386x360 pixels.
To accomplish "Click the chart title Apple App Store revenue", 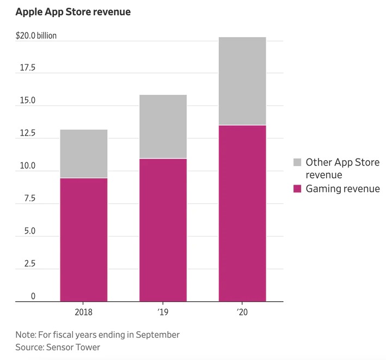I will (x=73, y=11).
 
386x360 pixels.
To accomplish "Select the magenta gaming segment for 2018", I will (x=83, y=240).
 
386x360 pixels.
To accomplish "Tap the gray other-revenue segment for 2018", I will (x=83, y=154).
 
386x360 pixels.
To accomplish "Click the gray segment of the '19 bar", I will (x=163, y=126).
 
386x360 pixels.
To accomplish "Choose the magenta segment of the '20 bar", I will (x=242, y=213).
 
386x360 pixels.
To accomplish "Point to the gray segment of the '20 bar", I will (x=242, y=81).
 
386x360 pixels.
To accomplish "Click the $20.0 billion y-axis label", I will (x=36, y=36).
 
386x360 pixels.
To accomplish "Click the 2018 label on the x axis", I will (x=83, y=313).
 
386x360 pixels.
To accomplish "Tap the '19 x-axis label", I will (x=163, y=313).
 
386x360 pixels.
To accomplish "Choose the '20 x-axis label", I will (x=242, y=313).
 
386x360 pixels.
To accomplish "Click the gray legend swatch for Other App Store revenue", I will (x=297, y=162).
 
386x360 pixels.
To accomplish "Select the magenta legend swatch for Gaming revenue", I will (x=297, y=189).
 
